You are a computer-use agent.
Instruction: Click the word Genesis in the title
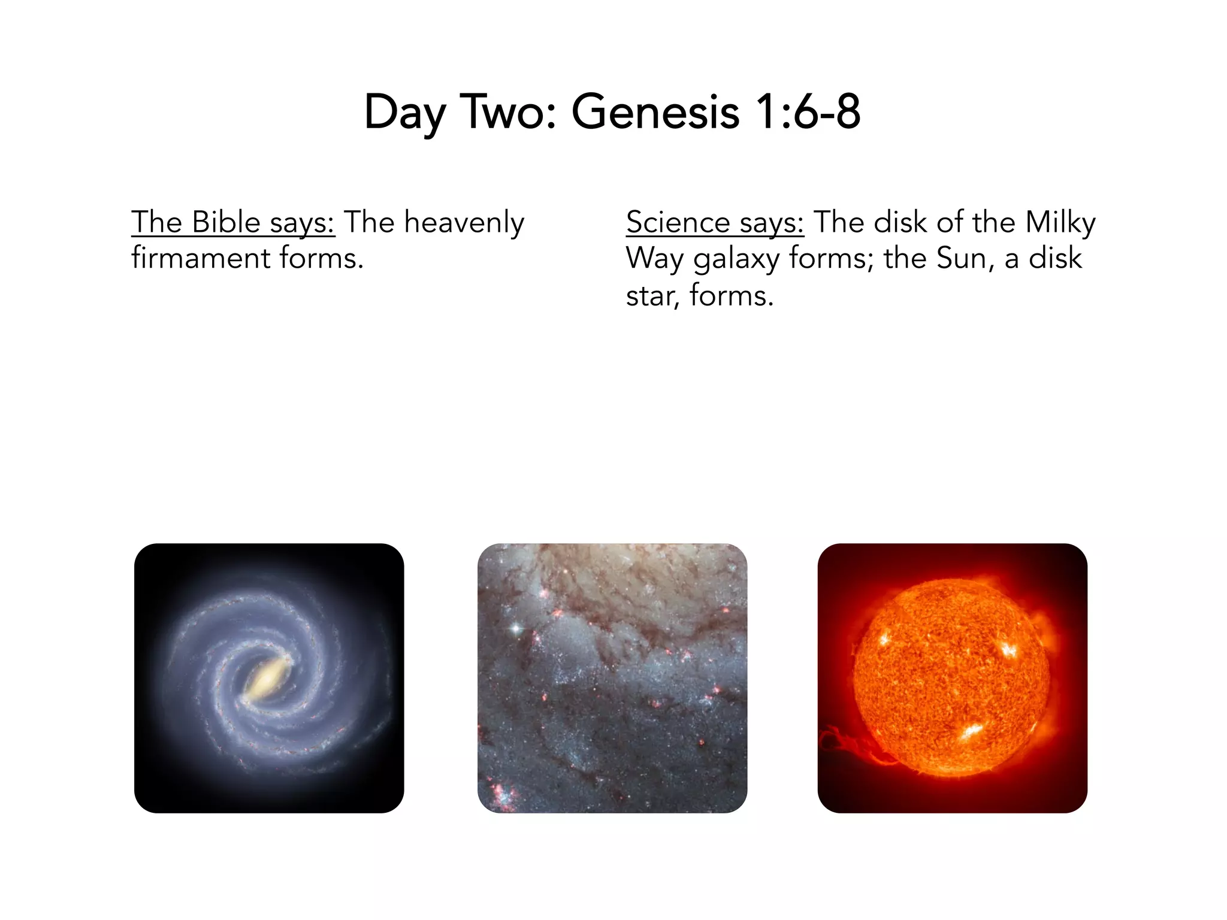pos(655,112)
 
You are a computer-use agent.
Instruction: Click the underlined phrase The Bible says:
pos(233,222)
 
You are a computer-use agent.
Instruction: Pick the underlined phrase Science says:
pos(715,222)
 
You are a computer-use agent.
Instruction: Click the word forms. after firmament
pos(321,259)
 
